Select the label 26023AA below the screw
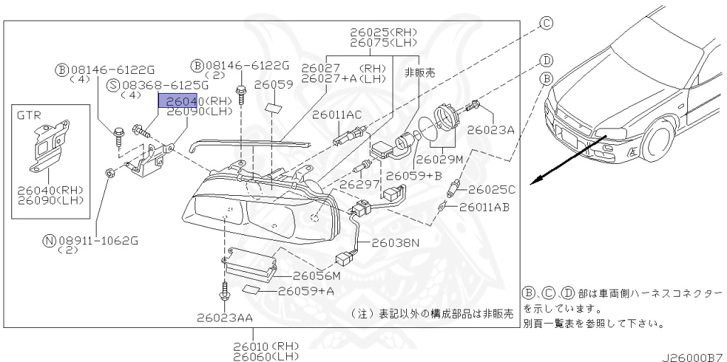(225, 318)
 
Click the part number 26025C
(491, 190)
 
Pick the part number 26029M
(439, 159)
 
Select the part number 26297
(356, 183)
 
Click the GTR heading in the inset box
(29, 114)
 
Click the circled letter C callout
(546, 23)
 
